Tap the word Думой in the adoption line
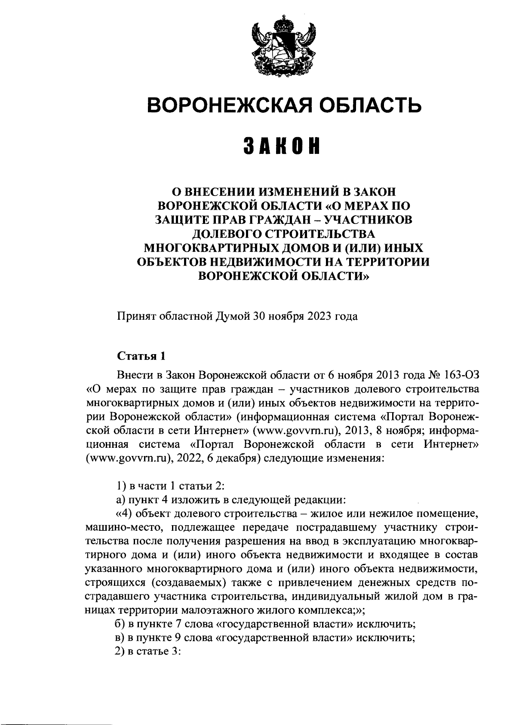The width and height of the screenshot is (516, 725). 235,317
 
